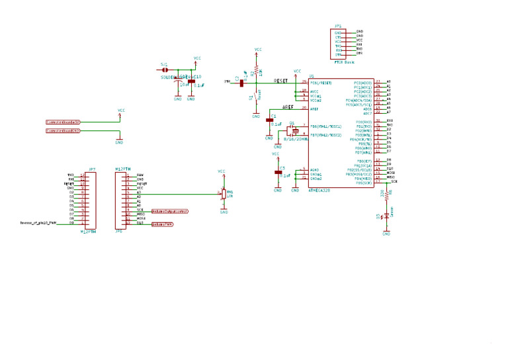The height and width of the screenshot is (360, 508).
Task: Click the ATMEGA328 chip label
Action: [319, 190]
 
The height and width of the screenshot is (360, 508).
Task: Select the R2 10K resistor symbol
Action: [255, 71]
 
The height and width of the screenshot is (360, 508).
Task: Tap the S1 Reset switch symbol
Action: [256, 96]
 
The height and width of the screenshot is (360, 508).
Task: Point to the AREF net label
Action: [288, 107]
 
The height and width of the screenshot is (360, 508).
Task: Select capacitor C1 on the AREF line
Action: [269, 120]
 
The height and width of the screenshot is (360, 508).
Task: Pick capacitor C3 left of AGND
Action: [278, 173]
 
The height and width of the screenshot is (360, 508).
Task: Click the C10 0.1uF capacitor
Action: [191, 81]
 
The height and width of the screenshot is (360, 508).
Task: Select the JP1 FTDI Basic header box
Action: [338, 43]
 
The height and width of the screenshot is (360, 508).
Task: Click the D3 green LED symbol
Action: [386, 216]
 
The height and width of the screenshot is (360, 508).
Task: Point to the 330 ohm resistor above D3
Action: [386, 195]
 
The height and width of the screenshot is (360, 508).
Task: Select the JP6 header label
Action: [119, 232]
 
